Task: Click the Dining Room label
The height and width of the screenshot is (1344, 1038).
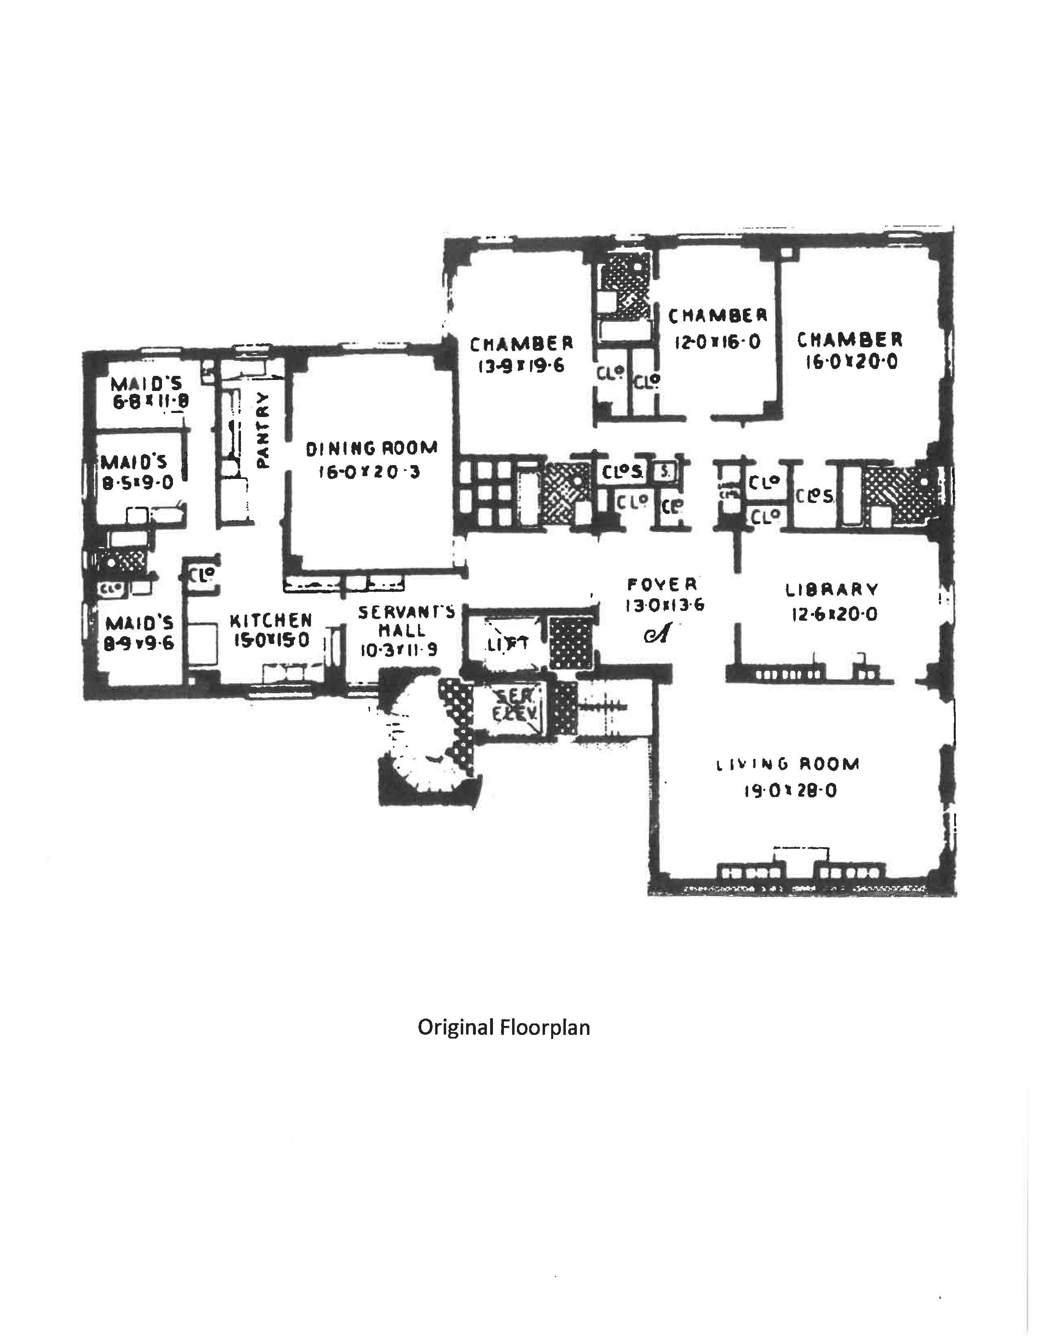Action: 371,448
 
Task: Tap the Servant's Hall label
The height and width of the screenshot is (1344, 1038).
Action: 407,621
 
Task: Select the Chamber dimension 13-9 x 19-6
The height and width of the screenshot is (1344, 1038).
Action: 521,367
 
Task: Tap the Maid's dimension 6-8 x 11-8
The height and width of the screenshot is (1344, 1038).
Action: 149,401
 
